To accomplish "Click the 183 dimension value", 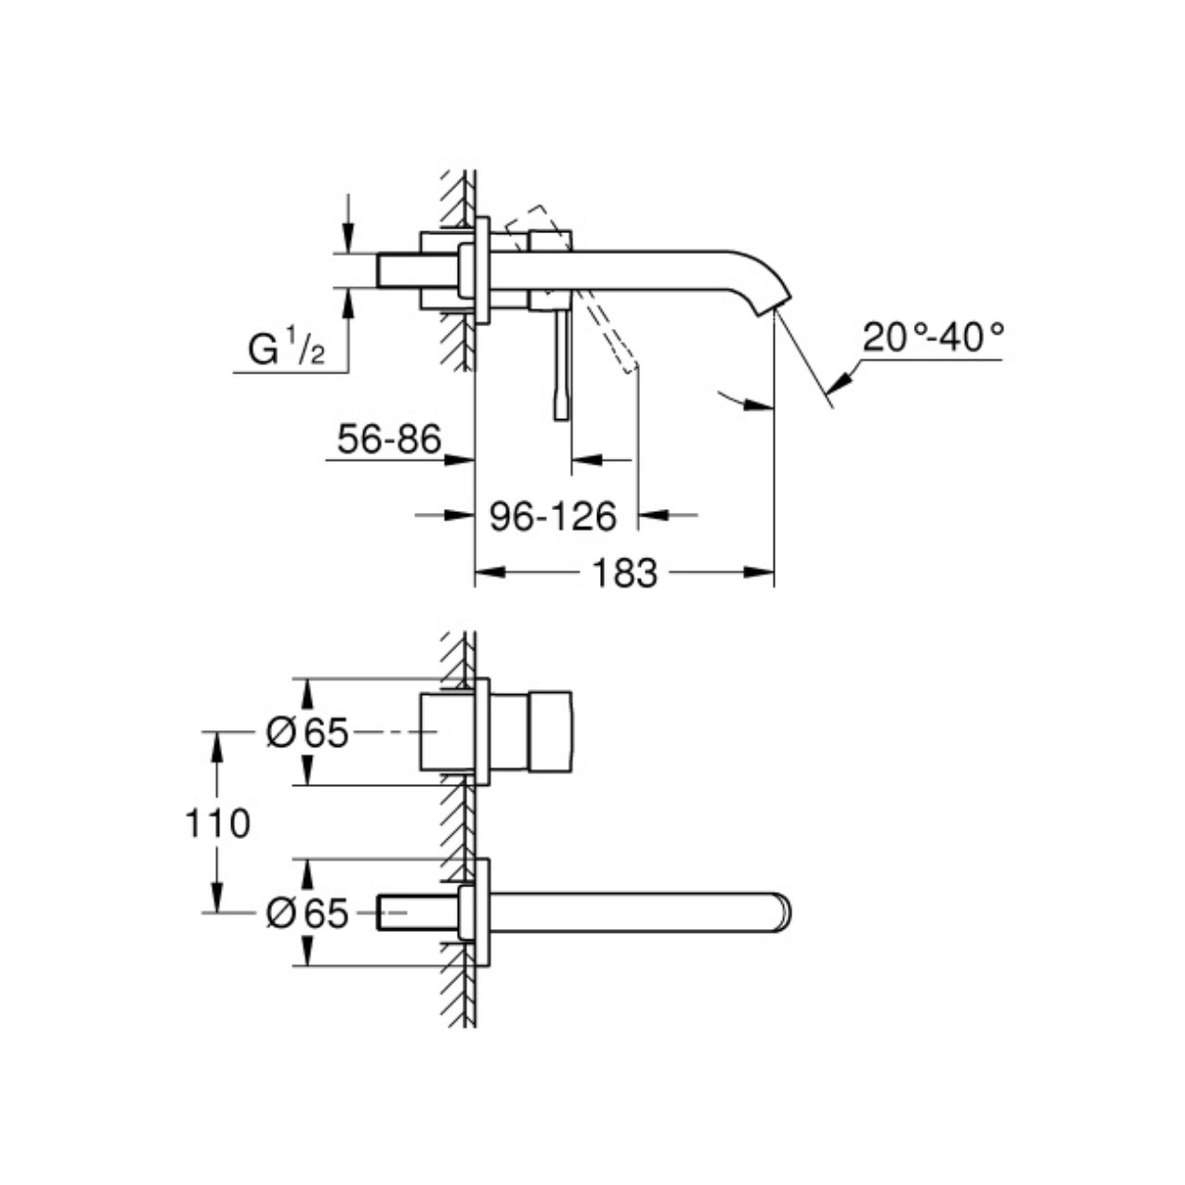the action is click(624, 574).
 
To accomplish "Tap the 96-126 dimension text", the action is click(553, 516).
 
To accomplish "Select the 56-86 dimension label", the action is click(390, 439).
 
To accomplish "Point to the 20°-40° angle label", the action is click(933, 337).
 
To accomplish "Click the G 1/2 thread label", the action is click(286, 348).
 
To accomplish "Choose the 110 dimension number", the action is click(218, 823).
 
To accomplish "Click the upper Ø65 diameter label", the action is click(307, 733).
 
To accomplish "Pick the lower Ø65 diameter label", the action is click(307, 913).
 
